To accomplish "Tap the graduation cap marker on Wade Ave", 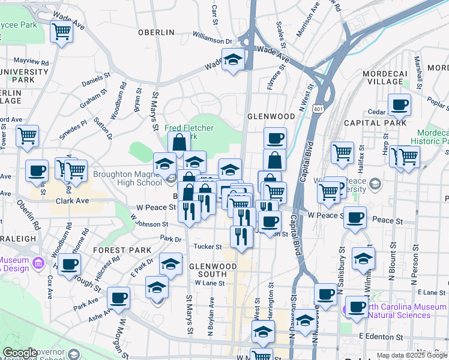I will [233, 59].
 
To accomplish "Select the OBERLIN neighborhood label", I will [156, 32].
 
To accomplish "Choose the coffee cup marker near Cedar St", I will [399, 105].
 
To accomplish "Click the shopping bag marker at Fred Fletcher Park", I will [179, 143].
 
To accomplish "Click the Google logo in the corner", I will [20, 353].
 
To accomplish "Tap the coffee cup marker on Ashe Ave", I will [118, 298].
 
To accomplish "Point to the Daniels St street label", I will [97, 79].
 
